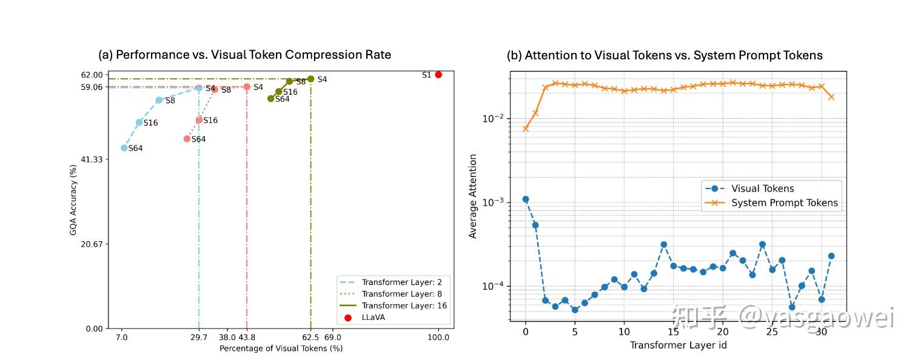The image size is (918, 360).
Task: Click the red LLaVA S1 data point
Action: (x=438, y=75)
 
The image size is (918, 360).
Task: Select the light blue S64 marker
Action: (x=124, y=148)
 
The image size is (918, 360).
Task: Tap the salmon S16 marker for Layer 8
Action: (x=199, y=120)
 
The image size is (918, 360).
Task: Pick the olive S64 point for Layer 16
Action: (x=270, y=99)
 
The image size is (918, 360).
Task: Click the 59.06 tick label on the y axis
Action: (x=92, y=87)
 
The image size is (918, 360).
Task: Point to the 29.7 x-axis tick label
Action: (x=199, y=338)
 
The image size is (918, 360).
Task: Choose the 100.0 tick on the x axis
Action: (x=438, y=338)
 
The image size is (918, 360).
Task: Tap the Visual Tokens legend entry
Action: (x=750, y=188)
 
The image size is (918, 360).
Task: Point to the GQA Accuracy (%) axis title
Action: (x=73, y=200)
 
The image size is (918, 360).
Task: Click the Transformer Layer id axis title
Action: (x=678, y=345)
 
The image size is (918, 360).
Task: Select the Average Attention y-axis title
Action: (x=472, y=196)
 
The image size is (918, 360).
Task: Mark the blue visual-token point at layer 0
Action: (x=526, y=199)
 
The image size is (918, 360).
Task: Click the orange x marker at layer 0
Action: (x=526, y=128)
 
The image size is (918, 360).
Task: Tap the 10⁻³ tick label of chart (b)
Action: (x=493, y=202)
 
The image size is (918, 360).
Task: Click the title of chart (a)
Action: (x=245, y=55)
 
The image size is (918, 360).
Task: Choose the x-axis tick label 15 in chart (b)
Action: (x=673, y=332)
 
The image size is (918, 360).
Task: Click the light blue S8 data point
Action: (x=159, y=101)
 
